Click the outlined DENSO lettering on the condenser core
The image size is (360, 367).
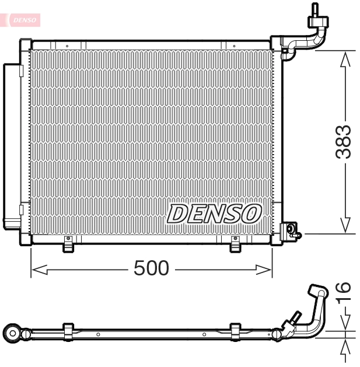click(x=214, y=213)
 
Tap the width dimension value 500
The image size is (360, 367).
click(x=151, y=268)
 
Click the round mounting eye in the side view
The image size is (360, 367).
click(x=12, y=333)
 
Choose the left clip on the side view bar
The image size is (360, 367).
click(x=68, y=331)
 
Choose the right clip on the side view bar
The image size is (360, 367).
click(x=235, y=331)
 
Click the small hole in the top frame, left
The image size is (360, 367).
click(x=67, y=45)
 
